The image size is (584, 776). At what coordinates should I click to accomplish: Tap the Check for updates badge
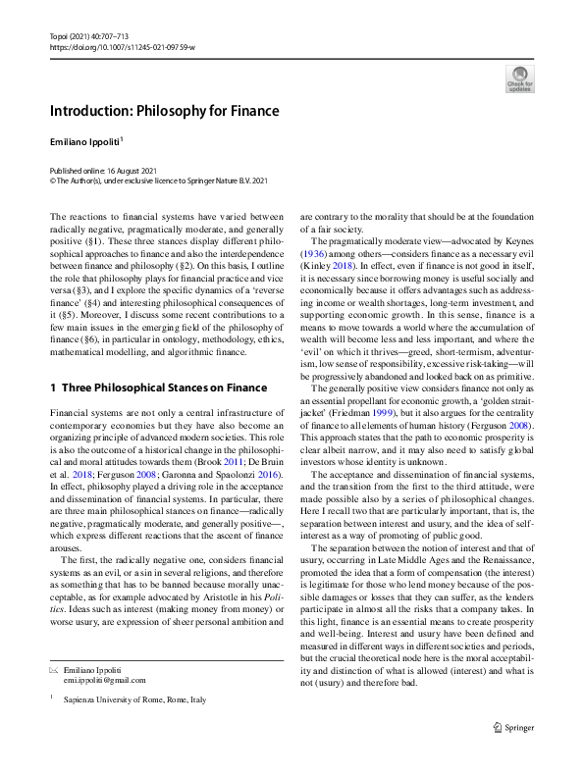click(519, 79)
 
